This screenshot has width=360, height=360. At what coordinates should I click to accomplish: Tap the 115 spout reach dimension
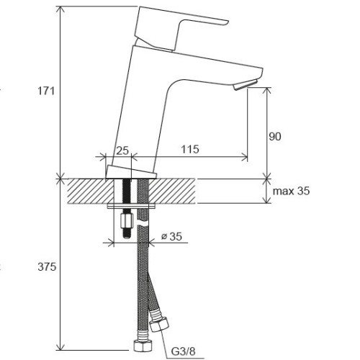click(x=189, y=149)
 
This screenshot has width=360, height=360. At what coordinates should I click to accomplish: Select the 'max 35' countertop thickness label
click(x=292, y=191)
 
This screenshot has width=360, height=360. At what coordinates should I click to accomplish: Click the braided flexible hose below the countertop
click(x=143, y=274)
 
